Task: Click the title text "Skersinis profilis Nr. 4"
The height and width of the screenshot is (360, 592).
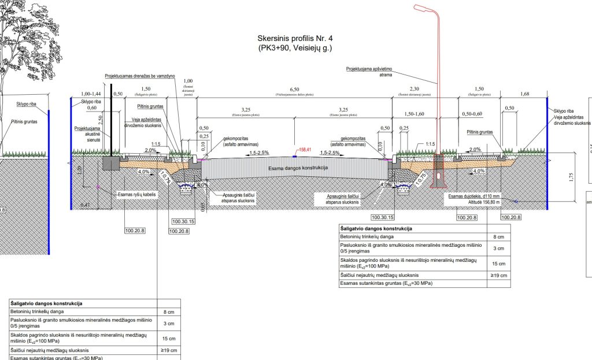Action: (x=295, y=39)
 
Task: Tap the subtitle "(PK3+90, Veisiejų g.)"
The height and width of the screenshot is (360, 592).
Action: (x=295, y=49)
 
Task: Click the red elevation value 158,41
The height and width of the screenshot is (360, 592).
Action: (x=305, y=149)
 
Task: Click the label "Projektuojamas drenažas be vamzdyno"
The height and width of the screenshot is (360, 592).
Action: (x=140, y=76)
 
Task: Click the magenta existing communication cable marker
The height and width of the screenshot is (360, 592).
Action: (x=99, y=187)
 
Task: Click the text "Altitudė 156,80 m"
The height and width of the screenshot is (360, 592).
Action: (x=475, y=202)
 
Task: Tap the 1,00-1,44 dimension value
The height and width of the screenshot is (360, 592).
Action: (x=91, y=94)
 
